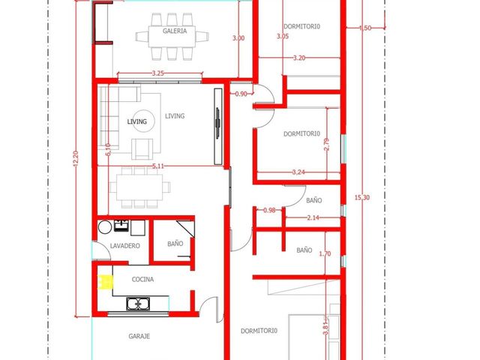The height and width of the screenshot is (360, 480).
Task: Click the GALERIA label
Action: point(175,31)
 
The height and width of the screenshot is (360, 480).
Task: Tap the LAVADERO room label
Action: point(125,246)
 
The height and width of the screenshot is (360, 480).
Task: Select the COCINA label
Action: point(142,280)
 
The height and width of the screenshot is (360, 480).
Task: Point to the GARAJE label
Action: point(139,336)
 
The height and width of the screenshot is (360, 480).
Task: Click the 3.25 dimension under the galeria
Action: point(158,73)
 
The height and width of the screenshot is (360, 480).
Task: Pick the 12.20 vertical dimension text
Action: point(76,158)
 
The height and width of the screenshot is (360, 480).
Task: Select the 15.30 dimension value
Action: point(362,197)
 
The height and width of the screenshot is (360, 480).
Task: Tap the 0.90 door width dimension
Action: point(241,94)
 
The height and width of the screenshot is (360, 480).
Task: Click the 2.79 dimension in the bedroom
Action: point(326,145)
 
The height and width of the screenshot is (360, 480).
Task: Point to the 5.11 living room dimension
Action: point(158,166)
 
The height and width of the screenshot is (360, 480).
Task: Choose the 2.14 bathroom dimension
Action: point(313,217)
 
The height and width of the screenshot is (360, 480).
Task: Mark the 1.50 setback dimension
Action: point(365,28)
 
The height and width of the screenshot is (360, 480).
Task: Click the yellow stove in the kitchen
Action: point(105,282)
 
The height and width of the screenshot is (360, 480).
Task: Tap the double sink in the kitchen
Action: point(138,303)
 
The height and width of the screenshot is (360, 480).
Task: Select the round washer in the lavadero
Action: point(105,227)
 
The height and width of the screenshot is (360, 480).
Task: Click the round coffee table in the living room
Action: point(142,121)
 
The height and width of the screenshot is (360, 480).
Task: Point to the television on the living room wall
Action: point(217,124)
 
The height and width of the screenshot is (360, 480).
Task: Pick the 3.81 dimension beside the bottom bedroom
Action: point(325,328)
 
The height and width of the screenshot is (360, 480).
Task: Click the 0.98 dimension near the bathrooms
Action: point(269,210)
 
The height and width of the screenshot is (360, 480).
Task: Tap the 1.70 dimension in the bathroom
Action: point(325,253)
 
